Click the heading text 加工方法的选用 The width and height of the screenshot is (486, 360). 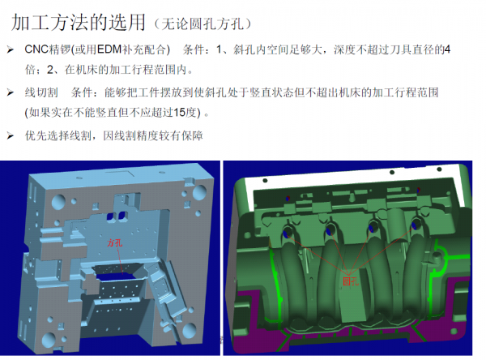click(79, 23)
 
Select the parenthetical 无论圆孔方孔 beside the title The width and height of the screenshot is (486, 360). click(202, 24)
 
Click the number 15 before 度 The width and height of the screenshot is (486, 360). click(180, 113)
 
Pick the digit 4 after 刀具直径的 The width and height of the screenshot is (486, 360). click(447, 49)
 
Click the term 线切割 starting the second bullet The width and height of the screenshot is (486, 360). click(41, 92)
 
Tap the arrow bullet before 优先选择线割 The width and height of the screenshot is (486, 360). click(11, 135)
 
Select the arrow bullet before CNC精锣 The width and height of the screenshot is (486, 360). click(11, 49)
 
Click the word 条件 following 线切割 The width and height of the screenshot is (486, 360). click(82, 92)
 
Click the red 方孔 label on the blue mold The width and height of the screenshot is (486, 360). click(115, 242)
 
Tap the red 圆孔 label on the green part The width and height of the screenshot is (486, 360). click(351, 281)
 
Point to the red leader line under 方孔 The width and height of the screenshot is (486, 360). click(120, 260)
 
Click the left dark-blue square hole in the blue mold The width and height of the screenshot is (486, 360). click(110, 216)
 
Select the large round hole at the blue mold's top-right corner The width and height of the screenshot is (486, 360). click(199, 192)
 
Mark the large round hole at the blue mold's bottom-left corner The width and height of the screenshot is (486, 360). click(49, 340)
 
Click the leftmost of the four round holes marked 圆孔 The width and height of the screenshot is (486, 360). click(287, 233)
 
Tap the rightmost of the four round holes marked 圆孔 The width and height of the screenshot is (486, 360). click(415, 225)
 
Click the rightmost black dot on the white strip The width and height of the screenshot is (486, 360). click(439, 169)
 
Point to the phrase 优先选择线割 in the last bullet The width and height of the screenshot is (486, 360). click(58, 135)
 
